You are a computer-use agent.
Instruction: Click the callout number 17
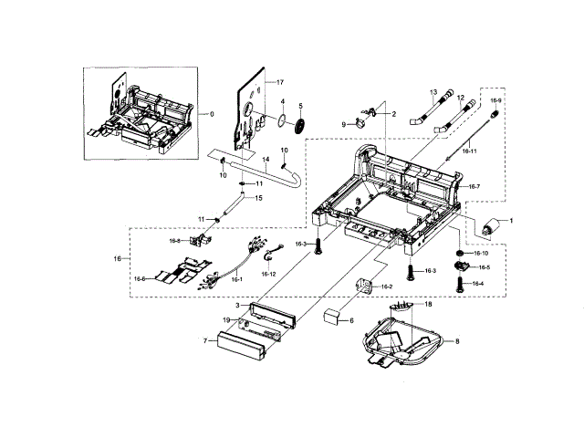pos(280,82)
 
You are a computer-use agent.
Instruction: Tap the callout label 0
pos(210,113)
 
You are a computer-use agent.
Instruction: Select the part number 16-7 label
pos(474,186)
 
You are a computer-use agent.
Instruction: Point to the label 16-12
pos(268,274)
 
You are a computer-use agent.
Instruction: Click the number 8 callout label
pos(457,339)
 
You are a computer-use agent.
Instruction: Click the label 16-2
pos(386,287)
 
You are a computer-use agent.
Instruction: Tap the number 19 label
pos(225,319)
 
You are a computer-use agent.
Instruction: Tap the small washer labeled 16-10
pos(462,252)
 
